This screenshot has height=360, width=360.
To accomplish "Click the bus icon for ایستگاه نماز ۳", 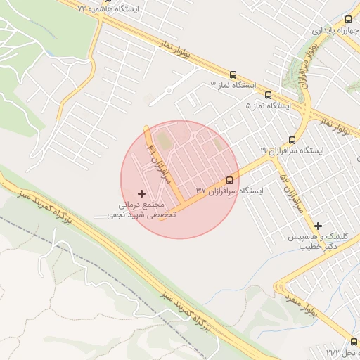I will coord(233,75).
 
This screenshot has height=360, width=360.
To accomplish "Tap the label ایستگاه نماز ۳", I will coord(233,85).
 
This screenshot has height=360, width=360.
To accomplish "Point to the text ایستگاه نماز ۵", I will coord(268,105).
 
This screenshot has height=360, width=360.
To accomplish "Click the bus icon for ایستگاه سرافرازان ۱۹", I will coord(292,140).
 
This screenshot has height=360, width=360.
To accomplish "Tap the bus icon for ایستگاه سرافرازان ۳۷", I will coord(229,180).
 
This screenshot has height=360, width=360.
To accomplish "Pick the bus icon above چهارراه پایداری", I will coord(348,20).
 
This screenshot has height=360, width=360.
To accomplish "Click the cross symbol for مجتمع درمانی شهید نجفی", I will coord(142,193).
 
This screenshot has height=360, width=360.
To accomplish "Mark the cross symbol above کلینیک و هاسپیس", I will coord(319,226).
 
